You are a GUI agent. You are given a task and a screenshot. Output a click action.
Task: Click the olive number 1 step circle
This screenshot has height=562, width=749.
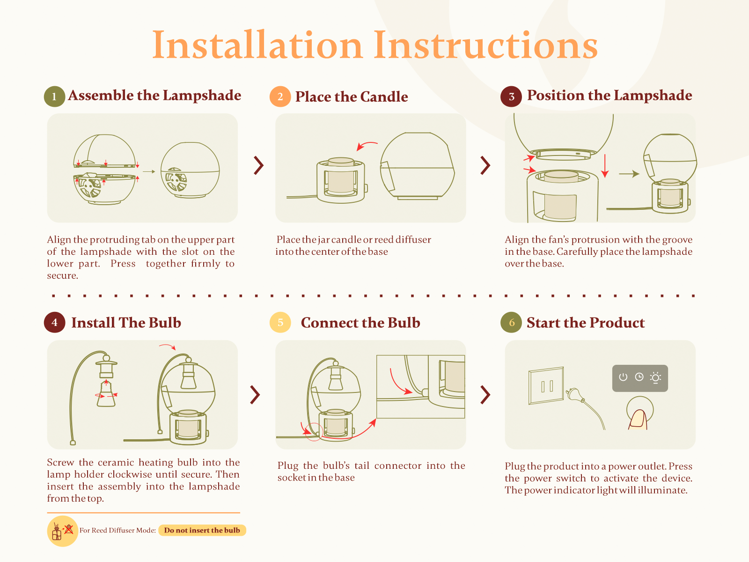click(54, 96)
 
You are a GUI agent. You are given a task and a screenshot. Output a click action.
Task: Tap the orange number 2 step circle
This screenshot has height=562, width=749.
click(280, 96)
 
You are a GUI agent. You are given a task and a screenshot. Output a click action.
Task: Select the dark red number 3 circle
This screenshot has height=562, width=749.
click(511, 96)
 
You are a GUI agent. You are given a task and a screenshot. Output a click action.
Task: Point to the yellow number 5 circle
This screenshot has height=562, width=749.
click(280, 323)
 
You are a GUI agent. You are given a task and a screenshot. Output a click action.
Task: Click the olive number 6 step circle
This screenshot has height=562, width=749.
click(511, 323)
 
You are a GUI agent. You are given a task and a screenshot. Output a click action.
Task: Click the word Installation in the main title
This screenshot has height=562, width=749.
click(257, 45)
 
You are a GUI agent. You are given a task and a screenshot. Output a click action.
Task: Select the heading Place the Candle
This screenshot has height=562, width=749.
click(352, 96)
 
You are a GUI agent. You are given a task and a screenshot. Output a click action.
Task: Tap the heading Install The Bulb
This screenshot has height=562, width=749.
click(126, 323)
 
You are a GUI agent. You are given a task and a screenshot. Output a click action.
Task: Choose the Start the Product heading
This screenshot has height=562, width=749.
click(586, 323)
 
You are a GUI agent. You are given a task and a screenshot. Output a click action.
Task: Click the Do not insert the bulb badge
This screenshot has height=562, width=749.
click(202, 530)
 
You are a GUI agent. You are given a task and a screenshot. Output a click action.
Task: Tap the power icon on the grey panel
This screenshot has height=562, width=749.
click(623, 377)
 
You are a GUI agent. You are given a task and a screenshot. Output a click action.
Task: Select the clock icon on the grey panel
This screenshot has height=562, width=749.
click(639, 377)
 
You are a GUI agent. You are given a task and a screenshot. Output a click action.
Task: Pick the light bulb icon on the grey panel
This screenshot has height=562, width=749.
click(655, 378)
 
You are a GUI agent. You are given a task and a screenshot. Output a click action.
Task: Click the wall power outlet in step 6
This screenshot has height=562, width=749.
click(546, 385)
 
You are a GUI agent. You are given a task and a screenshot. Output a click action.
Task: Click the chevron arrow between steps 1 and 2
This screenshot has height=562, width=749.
click(259, 165)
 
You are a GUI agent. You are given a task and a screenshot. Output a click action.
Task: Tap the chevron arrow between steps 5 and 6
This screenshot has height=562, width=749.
click(485, 395)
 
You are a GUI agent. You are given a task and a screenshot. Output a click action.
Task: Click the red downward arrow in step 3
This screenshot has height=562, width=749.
click(605, 166)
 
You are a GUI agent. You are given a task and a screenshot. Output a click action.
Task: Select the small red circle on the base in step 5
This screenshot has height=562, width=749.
click(314, 432)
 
